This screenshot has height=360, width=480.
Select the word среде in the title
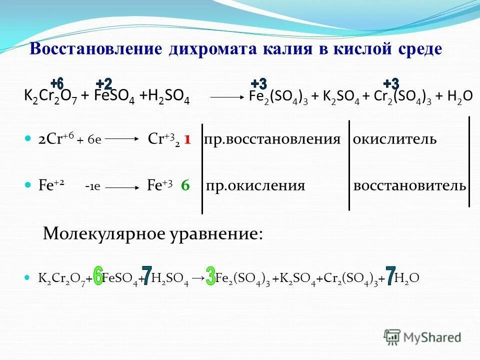click(x=417, y=49)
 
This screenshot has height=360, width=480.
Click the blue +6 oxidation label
click(x=57, y=83)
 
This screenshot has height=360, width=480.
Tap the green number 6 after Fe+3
click(x=185, y=185)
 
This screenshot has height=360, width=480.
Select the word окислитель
click(x=394, y=139)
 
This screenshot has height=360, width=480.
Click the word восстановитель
click(x=409, y=186)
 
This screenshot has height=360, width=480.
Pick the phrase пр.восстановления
click(x=272, y=139)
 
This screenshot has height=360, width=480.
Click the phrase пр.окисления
click(x=255, y=186)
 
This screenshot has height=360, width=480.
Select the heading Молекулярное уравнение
click(x=152, y=233)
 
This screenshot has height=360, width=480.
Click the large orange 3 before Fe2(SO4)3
click(x=210, y=276)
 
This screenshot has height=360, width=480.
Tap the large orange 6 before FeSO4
click(x=98, y=276)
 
